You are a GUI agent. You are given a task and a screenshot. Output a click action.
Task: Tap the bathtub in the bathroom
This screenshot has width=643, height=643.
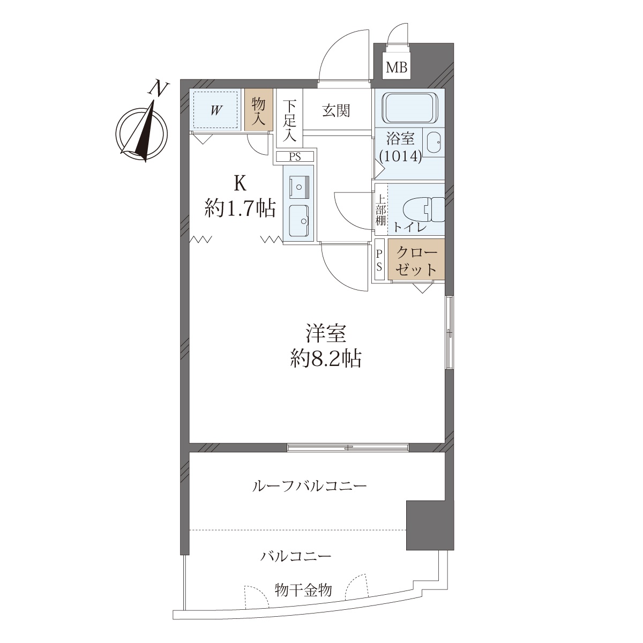[409, 108]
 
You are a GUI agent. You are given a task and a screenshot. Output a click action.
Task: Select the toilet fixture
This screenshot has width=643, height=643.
[424, 210]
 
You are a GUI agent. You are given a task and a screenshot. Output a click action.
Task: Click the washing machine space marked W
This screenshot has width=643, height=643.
[215, 109]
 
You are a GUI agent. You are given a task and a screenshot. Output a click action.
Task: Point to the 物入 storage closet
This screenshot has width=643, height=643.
[259, 109]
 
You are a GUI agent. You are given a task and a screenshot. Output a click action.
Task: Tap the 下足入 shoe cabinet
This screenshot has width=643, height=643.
[290, 118]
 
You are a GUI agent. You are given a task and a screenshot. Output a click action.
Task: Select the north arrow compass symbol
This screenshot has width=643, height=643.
[141, 133]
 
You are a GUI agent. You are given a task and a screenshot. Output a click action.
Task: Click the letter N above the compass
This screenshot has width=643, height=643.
[159, 89]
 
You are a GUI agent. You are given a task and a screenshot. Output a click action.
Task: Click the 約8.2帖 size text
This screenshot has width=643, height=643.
[325, 360]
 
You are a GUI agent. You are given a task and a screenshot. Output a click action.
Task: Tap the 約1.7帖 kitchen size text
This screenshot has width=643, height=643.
[240, 208]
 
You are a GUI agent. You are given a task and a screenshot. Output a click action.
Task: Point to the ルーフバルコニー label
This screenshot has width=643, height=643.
[309, 487]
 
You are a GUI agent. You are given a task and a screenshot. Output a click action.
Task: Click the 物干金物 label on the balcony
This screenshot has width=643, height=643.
[303, 590]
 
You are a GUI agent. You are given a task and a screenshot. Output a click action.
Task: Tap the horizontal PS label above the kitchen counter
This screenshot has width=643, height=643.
[295, 157]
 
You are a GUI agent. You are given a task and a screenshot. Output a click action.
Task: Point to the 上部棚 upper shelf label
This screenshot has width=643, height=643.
[381, 210]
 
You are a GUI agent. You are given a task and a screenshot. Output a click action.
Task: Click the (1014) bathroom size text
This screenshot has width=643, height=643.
[401, 155]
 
